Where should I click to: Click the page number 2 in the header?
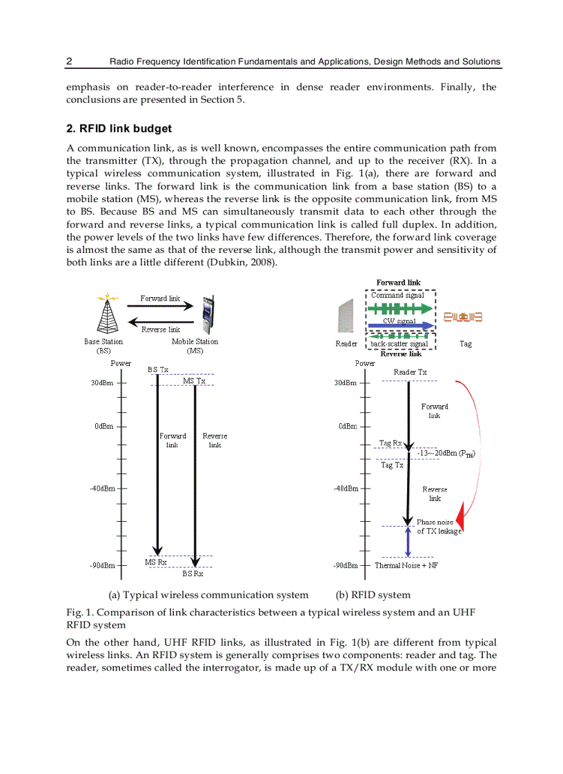(69, 61)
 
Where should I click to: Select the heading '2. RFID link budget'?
(119, 128)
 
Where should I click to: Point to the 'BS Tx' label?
(158, 369)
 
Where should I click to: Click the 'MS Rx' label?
(155, 562)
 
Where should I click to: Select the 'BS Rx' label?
(192, 573)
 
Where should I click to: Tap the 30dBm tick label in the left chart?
(102, 383)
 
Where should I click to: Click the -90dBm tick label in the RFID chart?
(345, 565)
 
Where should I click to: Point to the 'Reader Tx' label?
(410, 372)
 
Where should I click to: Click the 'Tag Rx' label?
(391, 443)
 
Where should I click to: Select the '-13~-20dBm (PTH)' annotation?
(447, 453)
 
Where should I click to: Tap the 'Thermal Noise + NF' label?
(406, 565)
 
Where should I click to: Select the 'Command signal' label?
(397, 295)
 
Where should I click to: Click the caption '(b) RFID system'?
(373, 595)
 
